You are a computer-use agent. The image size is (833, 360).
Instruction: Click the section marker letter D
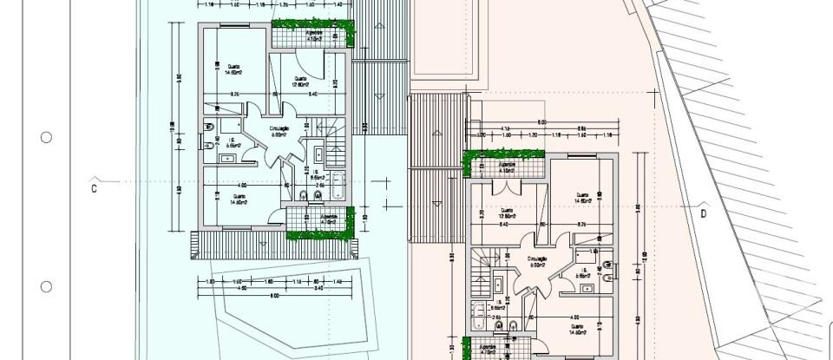coord(704,211)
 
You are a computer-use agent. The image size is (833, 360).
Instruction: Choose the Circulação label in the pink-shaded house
coord(536,262)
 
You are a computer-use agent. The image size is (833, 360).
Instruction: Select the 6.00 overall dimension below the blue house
coord(274,298)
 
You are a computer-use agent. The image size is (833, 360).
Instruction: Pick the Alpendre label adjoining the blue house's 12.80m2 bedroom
coord(313,36)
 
